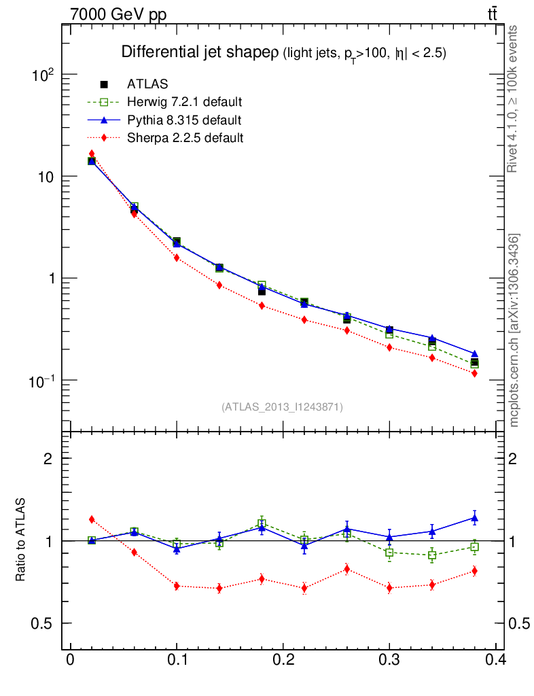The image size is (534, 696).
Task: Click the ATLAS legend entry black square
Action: click(105, 84)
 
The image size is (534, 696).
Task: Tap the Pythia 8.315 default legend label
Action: click(184, 120)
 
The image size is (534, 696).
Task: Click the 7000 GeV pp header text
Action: click(118, 15)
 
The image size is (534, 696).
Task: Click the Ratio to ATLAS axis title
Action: click(21, 540)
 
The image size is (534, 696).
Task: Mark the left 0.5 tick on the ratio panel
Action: click(43, 623)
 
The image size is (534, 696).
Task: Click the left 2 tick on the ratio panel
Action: click(48, 458)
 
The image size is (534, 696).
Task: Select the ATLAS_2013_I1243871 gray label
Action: click(282, 407)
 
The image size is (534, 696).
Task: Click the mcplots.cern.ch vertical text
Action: click(515, 330)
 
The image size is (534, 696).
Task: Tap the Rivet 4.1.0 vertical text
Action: click(514, 99)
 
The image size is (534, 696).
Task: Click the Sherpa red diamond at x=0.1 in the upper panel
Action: click(177, 258)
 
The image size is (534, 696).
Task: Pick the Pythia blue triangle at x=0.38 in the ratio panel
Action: click(474, 518)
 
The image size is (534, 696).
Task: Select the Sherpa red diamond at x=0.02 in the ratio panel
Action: click(92, 519)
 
